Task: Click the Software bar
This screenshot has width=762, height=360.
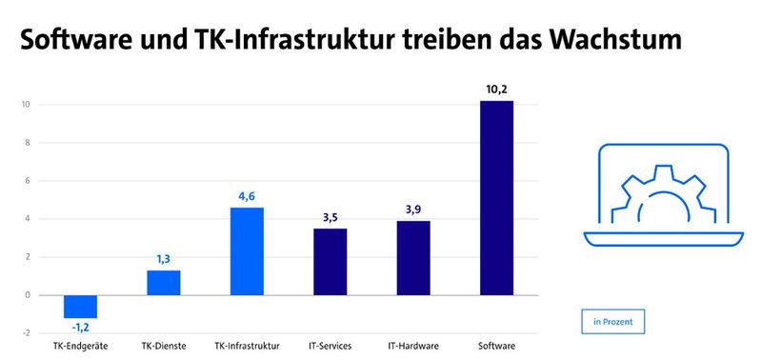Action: [x=496, y=197]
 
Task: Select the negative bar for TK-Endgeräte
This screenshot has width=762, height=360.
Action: [x=80, y=306]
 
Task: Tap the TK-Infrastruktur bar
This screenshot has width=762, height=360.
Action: [x=247, y=250]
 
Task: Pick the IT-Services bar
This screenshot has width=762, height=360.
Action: [x=330, y=261]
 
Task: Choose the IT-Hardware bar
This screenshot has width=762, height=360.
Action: [x=413, y=257]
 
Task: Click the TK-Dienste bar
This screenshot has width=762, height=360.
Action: [x=163, y=282]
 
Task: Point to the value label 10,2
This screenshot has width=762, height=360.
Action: [x=496, y=90]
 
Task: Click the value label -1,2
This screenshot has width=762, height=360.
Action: [x=80, y=329]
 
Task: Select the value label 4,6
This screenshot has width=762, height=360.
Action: [x=247, y=197]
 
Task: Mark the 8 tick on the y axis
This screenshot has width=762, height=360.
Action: [x=28, y=143]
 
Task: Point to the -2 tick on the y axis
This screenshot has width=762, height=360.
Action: [x=27, y=333]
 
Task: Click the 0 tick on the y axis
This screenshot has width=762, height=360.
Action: [x=28, y=295]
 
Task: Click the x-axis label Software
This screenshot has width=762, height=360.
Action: [x=496, y=346]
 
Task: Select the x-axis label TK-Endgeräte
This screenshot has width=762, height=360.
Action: [x=80, y=346]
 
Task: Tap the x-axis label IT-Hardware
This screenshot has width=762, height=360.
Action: [x=413, y=346]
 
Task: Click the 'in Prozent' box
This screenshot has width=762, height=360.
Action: [x=612, y=322]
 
